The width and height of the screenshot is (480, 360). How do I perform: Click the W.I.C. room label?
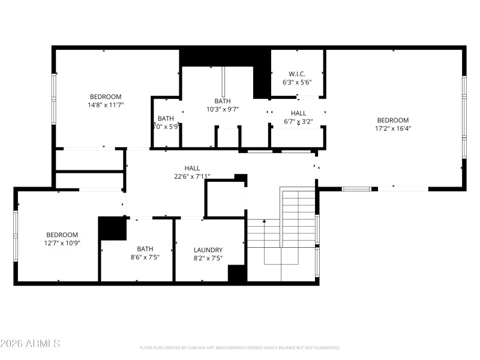[297, 74]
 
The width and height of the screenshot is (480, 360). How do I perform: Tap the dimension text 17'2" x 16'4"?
[393, 128]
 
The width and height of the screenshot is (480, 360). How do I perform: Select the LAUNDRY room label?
[208, 250]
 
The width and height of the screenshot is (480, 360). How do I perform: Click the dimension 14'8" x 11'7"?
[106, 104]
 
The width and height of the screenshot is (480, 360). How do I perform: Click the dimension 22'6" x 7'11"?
[192, 176]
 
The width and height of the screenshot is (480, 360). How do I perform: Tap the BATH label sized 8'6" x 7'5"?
[145, 248]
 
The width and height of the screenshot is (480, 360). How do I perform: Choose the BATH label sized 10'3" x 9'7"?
[223, 101]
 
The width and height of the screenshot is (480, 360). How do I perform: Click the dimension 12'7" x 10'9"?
[62, 242]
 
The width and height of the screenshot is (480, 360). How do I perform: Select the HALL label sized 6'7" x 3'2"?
[298, 113]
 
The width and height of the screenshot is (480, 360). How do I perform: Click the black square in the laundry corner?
[236, 273]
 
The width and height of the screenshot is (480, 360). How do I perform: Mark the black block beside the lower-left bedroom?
[112, 229]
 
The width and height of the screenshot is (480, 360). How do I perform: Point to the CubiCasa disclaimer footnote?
[239, 347]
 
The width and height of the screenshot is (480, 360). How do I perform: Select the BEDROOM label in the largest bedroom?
[393, 120]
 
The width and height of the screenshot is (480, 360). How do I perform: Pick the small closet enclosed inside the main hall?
[225, 198]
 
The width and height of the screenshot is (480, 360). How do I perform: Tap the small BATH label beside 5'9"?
[166, 118]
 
